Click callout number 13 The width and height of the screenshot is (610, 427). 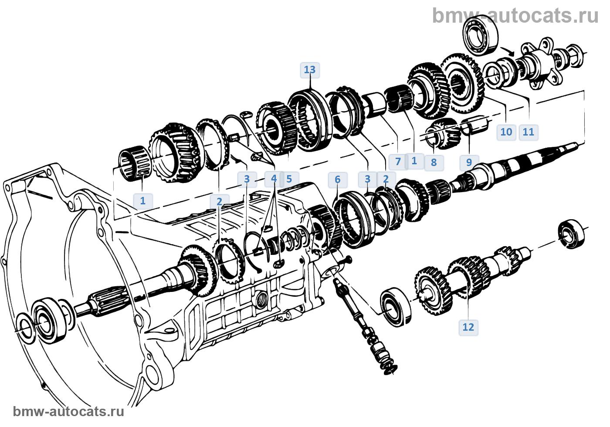(x=310, y=70)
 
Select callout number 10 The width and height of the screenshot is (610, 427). (x=506, y=132)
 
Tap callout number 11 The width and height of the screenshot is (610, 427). (x=528, y=132)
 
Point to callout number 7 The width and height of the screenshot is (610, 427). (x=398, y=162)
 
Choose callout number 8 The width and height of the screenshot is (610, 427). (x=434, y=163)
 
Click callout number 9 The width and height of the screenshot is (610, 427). (x=469, y=162)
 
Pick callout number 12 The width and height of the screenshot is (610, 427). (x=468, y=327)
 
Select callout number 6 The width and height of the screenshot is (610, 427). (x=338, y=180)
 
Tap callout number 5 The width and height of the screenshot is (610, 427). (x=289, y=179)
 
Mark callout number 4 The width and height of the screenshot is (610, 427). (x=274, y=179)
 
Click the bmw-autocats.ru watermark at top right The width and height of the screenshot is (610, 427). (x=515, y=16)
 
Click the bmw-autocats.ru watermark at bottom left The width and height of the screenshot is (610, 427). (x=69, y=411)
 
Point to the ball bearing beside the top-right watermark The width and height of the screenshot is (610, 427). (x=481, y=35)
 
